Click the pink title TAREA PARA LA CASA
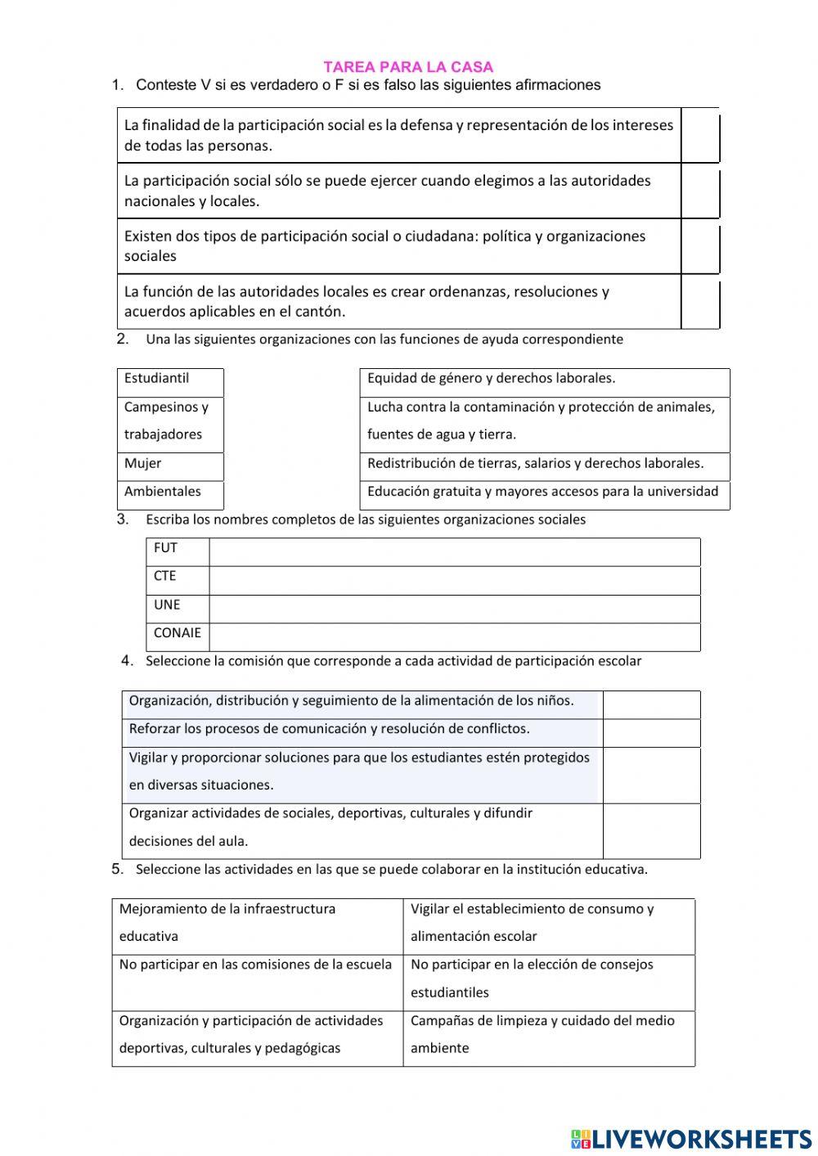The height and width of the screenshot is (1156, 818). click(x=408, y=67)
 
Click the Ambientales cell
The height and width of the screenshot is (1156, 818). click(x=170, y=494)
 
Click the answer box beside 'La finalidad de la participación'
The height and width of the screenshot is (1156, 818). click(x=700, y=136)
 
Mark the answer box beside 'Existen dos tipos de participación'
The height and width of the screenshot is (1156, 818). click(x=700, y=247)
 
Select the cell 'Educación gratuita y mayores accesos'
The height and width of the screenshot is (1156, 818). click(x=544, y=494)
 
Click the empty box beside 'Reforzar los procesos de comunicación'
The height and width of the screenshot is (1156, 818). click(x=651, y=732)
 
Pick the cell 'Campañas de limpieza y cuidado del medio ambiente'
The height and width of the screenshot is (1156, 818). click(x=548, y=1036)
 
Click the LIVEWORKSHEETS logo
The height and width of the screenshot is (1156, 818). click(x=690, y=1138)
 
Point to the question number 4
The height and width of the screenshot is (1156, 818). click(x=127, y=660)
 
